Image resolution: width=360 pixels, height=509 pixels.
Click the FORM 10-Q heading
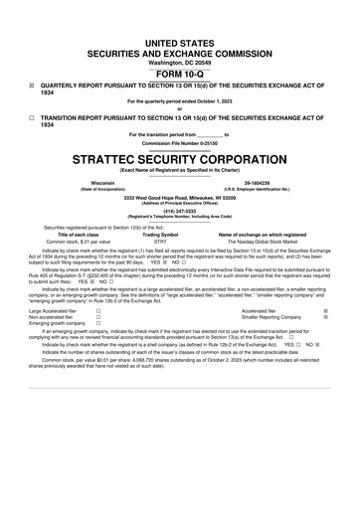coord(179,74)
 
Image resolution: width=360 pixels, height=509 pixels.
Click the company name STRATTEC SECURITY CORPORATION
coord(179,158)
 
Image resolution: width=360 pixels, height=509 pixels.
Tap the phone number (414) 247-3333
coord(179,211)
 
